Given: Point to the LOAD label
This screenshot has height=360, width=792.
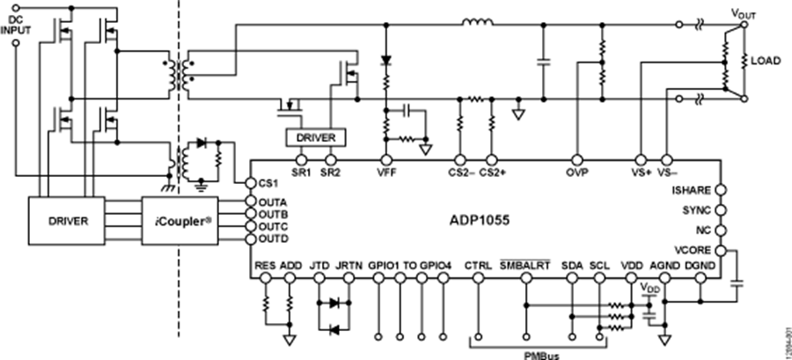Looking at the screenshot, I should click(x=761, y=62).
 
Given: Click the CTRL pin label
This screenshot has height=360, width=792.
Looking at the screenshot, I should click(x=478, y=264).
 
